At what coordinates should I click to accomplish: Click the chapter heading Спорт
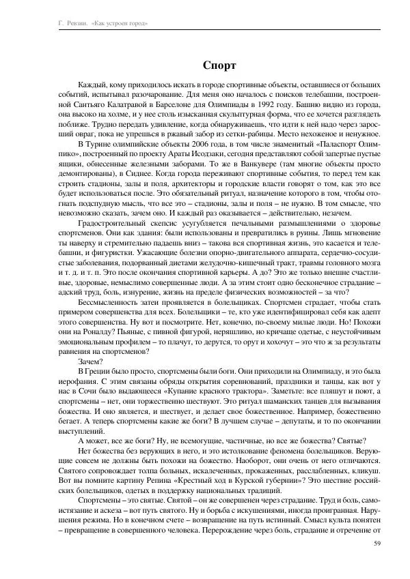pos(219,65)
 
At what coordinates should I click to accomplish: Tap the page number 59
pos(378,543)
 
